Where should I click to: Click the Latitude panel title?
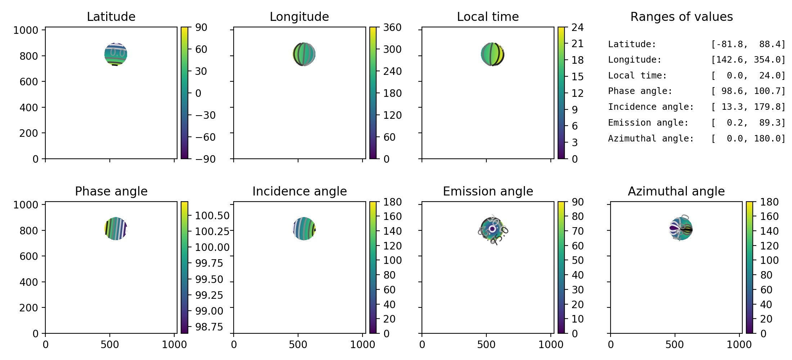click(111, 17)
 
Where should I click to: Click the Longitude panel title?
click(299, 17)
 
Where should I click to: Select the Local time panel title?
click(488, 17)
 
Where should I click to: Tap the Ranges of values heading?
click(681, 17)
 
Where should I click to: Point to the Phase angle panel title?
click(111, 191)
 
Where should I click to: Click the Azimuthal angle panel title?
click(676, 191)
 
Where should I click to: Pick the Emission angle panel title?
click(488, 191)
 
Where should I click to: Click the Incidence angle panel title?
click(299, 191)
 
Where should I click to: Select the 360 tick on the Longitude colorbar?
click(392, 27)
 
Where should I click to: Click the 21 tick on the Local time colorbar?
click(577, 44)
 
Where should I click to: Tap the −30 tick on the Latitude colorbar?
click(205, 115)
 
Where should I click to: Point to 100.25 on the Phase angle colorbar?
click(212, 231)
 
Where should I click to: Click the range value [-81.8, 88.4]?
click(748, 44)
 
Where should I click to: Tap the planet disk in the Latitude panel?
click(116, 54)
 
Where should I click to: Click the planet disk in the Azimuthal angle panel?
click(681, 229)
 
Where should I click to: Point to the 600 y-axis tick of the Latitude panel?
click(29, 82)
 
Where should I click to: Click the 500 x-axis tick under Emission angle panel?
click(486, 345)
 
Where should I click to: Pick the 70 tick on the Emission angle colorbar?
click(577, 231)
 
